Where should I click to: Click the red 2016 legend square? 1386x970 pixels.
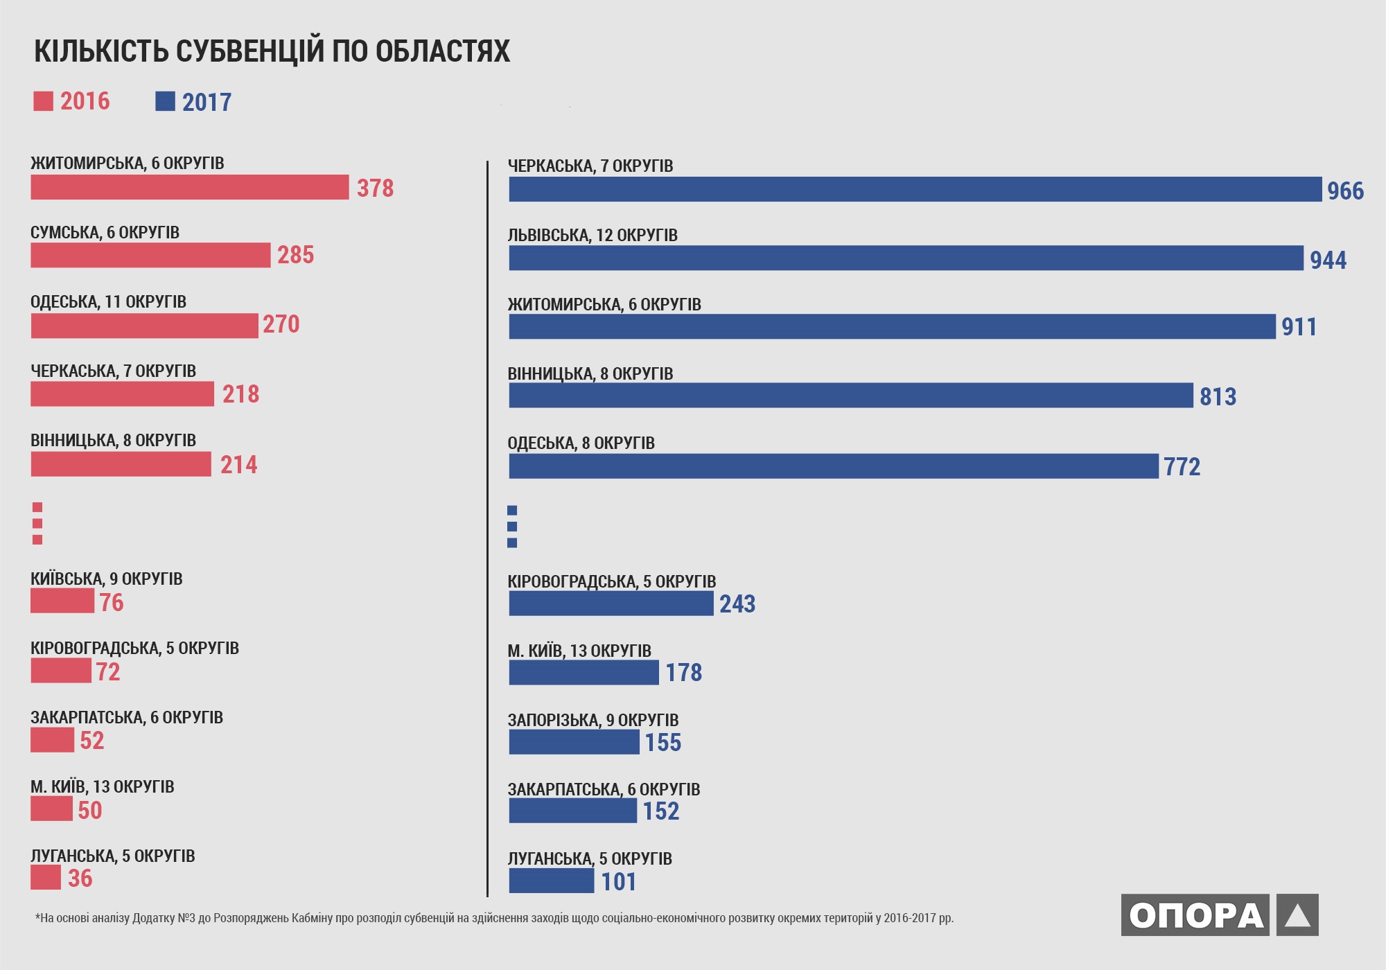pos(43,101)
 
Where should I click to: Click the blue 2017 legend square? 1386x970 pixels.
pos(165,101)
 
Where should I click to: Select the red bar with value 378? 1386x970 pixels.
pos(189,187)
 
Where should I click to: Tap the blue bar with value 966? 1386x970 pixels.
pos(915,189)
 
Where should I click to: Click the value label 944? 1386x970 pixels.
pos(1328,260)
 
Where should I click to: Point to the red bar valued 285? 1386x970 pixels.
pos(150,255)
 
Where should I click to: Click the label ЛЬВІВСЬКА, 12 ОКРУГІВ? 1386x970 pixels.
pos(593,235)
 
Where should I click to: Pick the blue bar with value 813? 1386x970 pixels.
pos(851,396)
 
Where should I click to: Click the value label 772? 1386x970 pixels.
pos(1182,466)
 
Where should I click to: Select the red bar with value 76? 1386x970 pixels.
pos(62,601)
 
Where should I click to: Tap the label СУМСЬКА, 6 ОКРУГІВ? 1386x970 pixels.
pos(105,232)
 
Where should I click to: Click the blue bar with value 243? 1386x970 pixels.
pos(611,603)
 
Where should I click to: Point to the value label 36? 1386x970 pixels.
pos(80,878)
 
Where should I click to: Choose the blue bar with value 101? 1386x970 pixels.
pos(551,881)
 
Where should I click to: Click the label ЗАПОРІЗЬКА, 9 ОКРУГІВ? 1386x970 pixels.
pos(593,720)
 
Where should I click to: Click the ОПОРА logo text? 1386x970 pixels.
pos(1195,915)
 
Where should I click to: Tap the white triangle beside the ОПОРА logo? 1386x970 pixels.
pos(1297,915)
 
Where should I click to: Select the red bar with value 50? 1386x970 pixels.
pos(51,809)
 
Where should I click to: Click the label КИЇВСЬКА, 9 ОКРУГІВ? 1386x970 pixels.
pos(106,579)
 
